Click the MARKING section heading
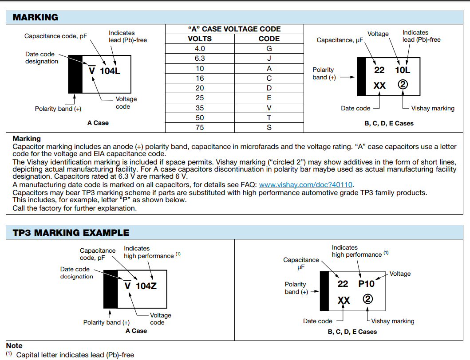click(35, 17)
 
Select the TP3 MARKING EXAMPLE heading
click(71, 232)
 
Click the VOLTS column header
click(200, 39)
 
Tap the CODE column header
click(269, 39)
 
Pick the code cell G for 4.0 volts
click(269, 49)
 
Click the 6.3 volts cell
click(200, 59)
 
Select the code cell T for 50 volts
click(269, 117)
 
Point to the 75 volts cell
click(200, 128)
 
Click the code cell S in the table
click(269, 128)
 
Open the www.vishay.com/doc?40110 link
click(306, 184)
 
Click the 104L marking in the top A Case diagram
click(110, 70)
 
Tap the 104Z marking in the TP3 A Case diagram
click(146, 286)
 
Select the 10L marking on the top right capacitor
click(403, 70)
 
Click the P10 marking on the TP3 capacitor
click(367, 284)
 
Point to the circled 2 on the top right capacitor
click(403, 84)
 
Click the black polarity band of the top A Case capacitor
click(75, 74)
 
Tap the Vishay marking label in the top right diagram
click(433, 108)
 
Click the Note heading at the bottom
click(14, 345)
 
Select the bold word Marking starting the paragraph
click(27, 139)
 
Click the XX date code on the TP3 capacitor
click(344, 301)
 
